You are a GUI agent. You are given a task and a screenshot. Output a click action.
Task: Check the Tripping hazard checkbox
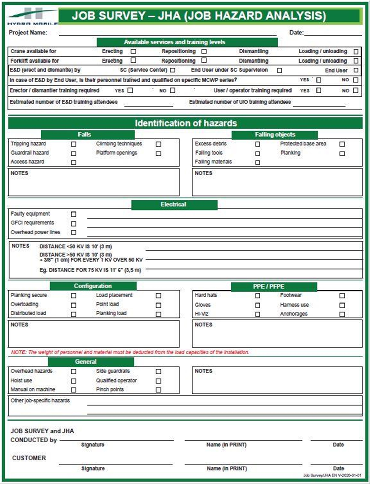point(73,144)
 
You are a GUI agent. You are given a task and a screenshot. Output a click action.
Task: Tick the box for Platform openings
point(158,153)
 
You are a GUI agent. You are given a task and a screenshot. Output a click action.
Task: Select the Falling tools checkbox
point(257,153)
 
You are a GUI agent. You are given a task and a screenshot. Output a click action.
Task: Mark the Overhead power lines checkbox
point(73,232)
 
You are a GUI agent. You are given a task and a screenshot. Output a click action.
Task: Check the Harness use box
point(342,305)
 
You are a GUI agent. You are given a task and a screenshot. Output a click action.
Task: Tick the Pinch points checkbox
point(158,390)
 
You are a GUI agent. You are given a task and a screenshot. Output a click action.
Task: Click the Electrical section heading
point(174,205)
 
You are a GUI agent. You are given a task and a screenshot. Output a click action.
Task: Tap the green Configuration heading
point(93,286)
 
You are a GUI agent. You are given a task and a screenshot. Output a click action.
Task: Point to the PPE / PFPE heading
point(269,287)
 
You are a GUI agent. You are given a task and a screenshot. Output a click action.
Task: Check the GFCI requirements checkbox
point(73,224)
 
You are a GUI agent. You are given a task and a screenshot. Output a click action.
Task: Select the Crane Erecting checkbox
point(133,51)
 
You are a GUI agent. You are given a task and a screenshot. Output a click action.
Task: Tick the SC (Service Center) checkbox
point(173,70)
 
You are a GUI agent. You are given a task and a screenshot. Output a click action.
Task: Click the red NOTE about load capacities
point(130,352)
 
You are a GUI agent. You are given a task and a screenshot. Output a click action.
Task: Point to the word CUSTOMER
point(29,458)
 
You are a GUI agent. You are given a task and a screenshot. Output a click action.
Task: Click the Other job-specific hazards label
point(40,401)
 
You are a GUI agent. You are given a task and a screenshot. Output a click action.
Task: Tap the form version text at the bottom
point(332,475)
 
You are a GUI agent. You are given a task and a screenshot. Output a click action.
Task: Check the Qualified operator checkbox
point(158,381)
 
